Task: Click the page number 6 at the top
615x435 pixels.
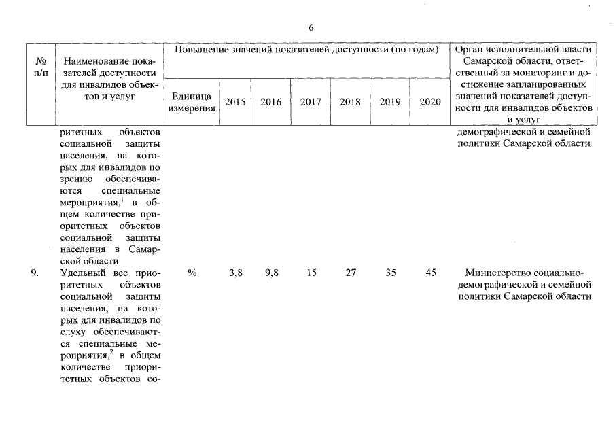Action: click(311, 28)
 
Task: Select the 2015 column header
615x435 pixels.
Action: click(235, 102)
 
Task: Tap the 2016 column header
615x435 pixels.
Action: click(270, 102)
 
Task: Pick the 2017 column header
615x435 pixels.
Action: click(311, 102)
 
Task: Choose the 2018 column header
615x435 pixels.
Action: click(350, 102)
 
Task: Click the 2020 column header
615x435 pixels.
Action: click(429, 102)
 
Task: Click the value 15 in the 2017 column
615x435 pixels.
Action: click(311, 273)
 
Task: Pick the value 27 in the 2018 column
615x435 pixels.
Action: click(351, 273)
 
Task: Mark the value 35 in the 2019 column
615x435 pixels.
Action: click(390, 273)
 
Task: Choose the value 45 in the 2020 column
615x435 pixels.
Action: click(430, 273)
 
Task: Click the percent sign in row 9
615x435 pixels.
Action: click(192, 273)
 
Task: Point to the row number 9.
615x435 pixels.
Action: click(34, 273)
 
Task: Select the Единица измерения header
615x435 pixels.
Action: click(192, 102)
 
